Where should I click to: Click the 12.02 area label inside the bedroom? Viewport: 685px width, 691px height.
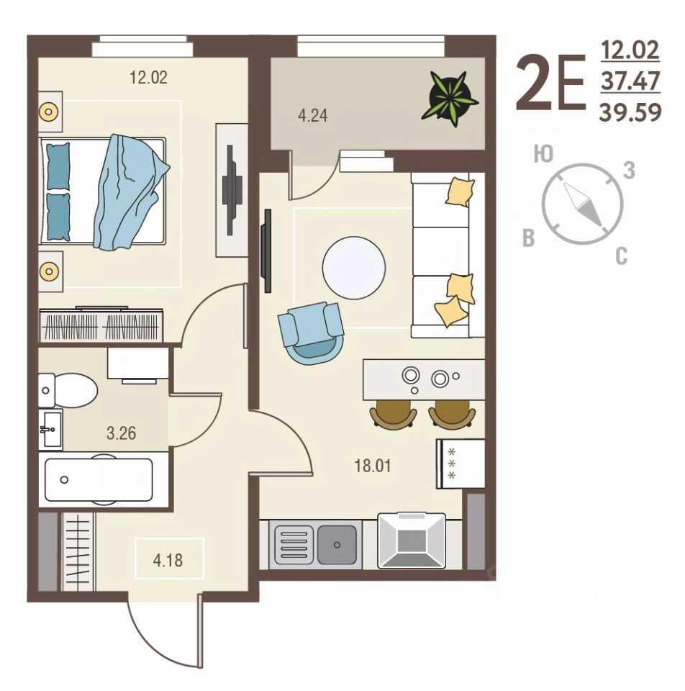pyautogui.click(x=148, y=78)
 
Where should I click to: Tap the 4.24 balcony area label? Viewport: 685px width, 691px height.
pyautogui.click(x=313, y=115)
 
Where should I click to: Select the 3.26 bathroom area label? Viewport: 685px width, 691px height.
pyautogui.click(x=121, y=433)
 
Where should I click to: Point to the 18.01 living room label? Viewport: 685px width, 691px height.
pyautogui.click(x=373, y=466)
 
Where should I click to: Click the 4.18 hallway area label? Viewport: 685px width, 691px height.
pyautogui.click(x=168, y=561)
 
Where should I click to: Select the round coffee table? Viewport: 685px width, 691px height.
pyautogui.click(x=354, y=268)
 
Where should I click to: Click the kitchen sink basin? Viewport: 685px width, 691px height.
pyautogui.click(x=337, y=545)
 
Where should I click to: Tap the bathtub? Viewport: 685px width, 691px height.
pyautogui.click(x=99, y=480)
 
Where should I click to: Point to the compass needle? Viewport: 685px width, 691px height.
pyautogui.click(x=582, y=204)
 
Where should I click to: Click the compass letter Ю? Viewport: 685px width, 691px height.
pyautogui.click(x=543, y=154)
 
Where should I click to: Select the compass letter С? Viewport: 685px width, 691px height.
pyautogui.click(x=621, y=256)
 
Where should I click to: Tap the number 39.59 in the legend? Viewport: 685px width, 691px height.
pyautogui.click(x=630, y=113)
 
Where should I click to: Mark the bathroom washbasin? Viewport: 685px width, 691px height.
pyautogui.click(x=50, y=429)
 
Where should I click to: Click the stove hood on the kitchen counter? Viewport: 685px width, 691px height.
pyautogui.click(x=412, y=541)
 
